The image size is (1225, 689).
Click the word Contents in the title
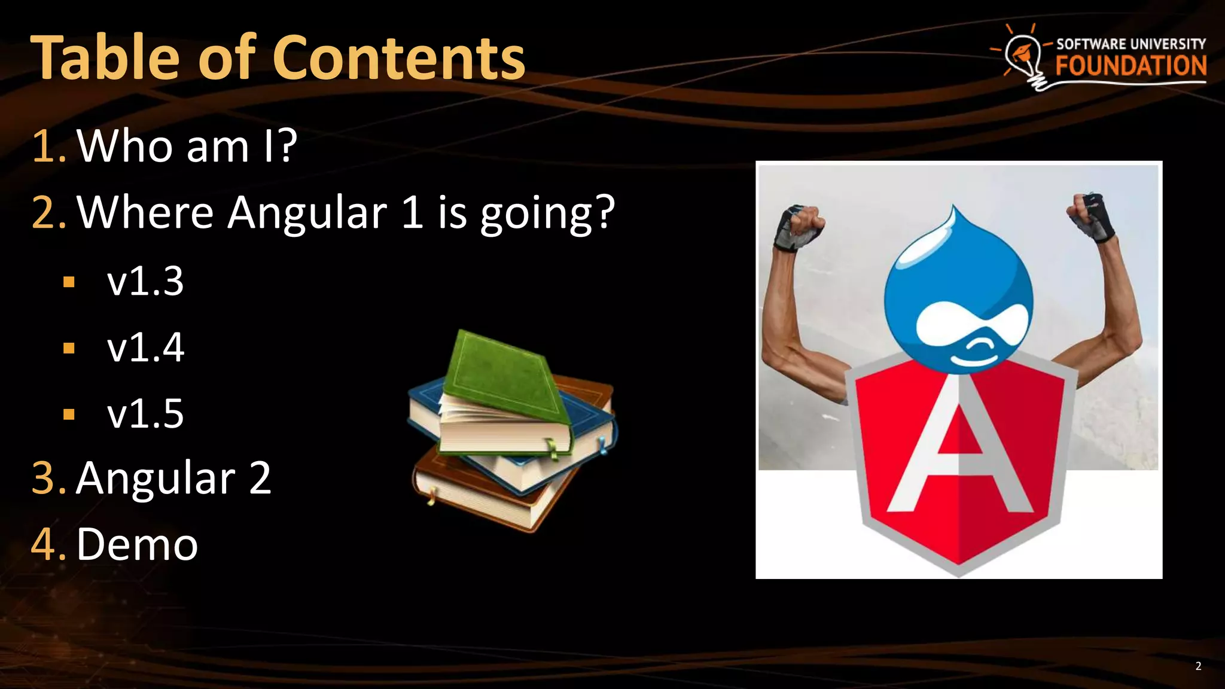[399, 58]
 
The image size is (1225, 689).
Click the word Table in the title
[105, 58]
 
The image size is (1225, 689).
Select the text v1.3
[145, 281]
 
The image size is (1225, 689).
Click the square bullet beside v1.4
[69, 347]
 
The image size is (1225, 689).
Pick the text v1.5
[145, 413]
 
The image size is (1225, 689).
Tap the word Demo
[137, 544]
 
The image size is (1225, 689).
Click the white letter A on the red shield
[960, 455]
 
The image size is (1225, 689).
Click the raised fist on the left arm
[799, 227]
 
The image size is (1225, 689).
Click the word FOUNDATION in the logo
[1130, 66]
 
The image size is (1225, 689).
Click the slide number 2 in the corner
[1198, 666]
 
